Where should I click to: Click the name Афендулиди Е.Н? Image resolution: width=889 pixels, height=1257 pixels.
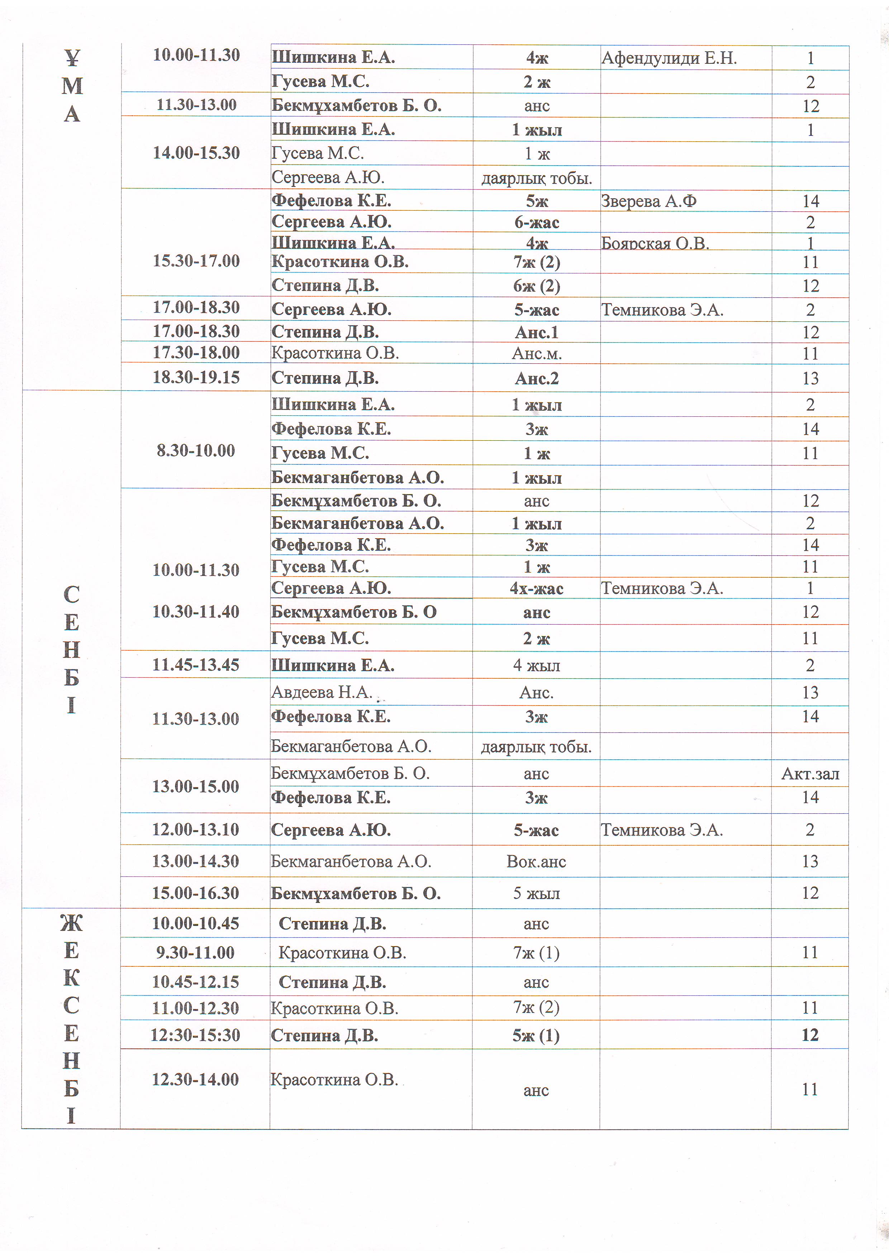click(669, 58)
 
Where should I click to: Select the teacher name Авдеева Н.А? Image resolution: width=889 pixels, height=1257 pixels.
click(322, 693)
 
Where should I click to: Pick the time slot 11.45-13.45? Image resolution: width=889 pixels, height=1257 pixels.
click(196, 665)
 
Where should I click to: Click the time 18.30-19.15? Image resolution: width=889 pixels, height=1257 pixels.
click(196, 378)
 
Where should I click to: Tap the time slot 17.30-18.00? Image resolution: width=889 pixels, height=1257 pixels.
click(196, 353)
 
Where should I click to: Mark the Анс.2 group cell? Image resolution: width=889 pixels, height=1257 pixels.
click(536, 379)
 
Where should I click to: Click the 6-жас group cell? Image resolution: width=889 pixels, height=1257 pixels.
click(536, 222)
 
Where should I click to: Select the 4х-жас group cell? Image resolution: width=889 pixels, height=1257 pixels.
click(536, 588)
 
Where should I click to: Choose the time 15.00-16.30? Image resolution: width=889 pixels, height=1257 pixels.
click(196, 893)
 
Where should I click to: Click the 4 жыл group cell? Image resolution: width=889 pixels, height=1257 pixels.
click(536, 666)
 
